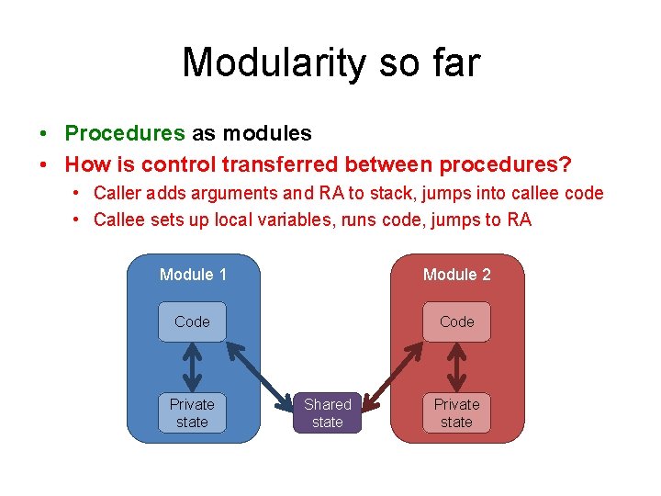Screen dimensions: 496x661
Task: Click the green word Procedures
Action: pyautogui.click(x=125, y=133)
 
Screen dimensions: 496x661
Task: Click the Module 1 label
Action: pyautogui.click(x=193, y=275)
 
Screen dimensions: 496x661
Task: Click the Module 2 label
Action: pyautogui.click(x=456, y=275)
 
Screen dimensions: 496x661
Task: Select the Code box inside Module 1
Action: pyautogui.click(x=192, y=321)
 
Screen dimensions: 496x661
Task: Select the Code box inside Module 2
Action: pyautogui.click(x=456, y=321)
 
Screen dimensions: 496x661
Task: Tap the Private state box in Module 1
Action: pyautogui.click(x=192, y=412)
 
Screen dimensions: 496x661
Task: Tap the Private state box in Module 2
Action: pyautogui.click(x=456, y=412)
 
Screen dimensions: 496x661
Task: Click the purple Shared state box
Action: pyautogui.click(x=327, y=412)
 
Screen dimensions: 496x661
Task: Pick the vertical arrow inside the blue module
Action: pyautogui.click(x=192, y=366)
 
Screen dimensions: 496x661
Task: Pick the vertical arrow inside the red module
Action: pyautogui.click(x=456, y=366)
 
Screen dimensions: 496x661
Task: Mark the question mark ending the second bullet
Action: pyautogui.click(x=566, y=164)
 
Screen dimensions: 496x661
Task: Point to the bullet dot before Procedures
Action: pyautogui.click(x=45, y=134)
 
